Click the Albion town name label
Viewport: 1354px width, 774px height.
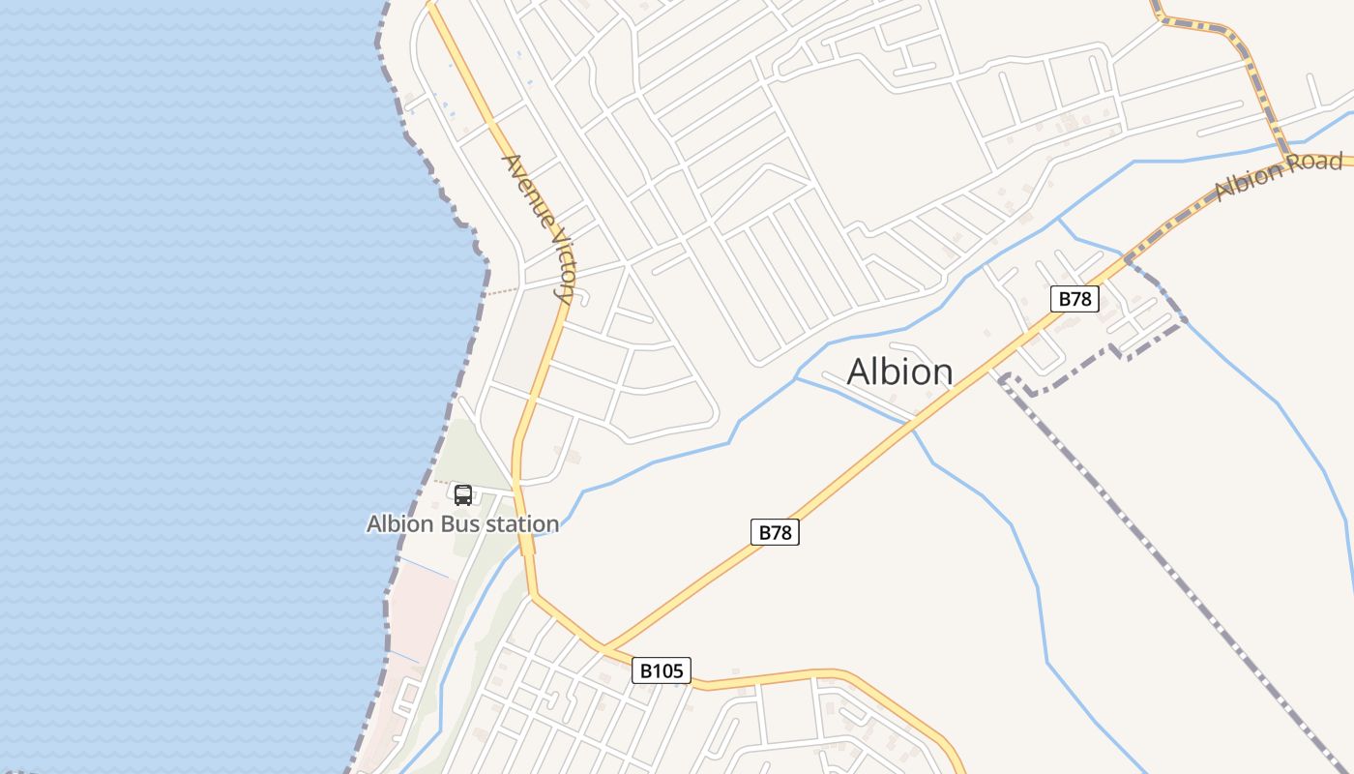[x=899, y=372]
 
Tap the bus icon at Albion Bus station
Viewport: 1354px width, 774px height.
[x=463, y=495]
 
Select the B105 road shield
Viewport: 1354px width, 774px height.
[x=662, y=670]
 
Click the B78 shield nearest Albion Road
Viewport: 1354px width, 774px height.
[x=1074, y=299]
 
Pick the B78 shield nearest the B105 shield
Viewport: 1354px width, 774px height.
[x=776, y=532]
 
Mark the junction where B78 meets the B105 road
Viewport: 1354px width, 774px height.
[x=604, y=647]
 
